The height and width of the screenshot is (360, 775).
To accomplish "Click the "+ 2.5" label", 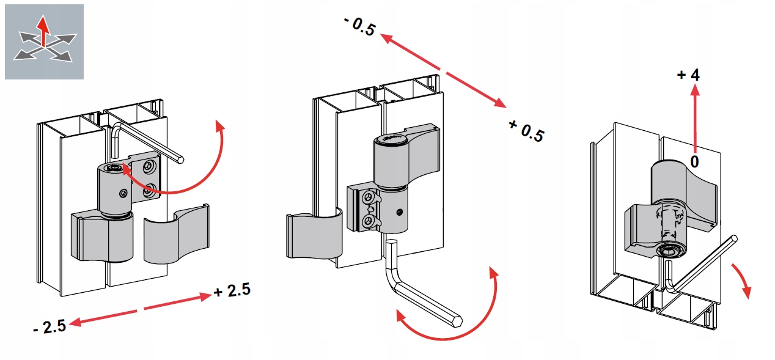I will (232, 290).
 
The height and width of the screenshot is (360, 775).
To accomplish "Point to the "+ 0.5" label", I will (526, 131).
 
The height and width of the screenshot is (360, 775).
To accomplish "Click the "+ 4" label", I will (688, 75).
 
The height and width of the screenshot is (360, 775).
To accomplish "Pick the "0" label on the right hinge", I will (694, 161).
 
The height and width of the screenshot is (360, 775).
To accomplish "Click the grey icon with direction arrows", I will (44, 42).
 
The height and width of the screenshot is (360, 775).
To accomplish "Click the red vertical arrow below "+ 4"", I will (694, 119).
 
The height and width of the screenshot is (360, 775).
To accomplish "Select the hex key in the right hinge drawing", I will (703, 263).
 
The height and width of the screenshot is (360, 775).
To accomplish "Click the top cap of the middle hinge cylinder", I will (391, 139).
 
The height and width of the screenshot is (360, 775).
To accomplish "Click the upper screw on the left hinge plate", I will (149, 167).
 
